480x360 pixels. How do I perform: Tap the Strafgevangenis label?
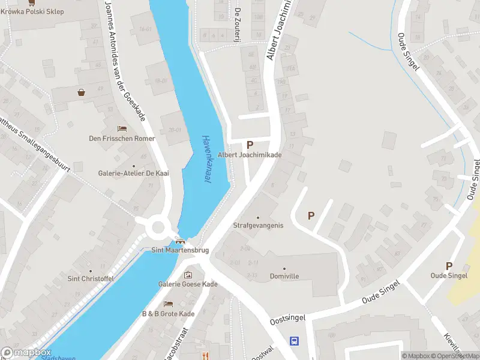click(258, 225)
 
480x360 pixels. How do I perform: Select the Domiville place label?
click(284, 275)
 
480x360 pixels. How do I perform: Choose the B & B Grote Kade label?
click(168, 314)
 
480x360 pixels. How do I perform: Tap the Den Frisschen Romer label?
click(122, 139)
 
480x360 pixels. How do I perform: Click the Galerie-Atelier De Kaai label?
click(134, 173)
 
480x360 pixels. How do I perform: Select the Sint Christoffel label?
click(91, 278)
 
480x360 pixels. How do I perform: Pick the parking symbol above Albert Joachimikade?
click(250, 144)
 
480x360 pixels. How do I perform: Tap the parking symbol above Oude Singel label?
click(449, 266)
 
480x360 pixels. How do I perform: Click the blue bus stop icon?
click(294, 341)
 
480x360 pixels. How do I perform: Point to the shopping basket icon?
click(81, 92)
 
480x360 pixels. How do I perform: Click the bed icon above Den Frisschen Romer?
click(122, 129)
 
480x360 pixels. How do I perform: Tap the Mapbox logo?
click(26, 353)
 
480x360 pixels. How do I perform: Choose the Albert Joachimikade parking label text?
click(250, 155)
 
